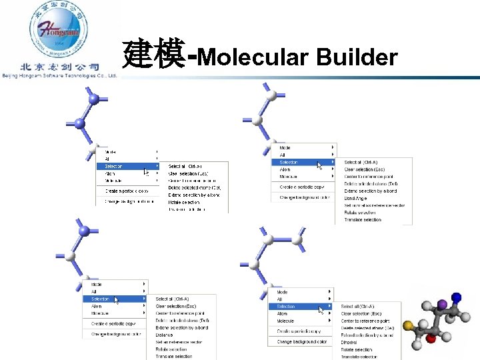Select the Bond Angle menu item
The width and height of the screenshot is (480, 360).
click(x=355, y=198)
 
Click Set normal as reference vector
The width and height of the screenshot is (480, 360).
click(x=374, y=205)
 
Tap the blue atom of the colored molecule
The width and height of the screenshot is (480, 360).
click(x=456, y=297)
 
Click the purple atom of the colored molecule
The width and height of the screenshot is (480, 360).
click(x=441, y=306)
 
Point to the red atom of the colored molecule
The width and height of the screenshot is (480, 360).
click(x=431, y=339)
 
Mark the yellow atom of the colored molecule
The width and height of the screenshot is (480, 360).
click(x=408, y=325)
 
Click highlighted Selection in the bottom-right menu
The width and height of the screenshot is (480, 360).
click(x=286, y=307)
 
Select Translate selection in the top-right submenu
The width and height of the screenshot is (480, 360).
click(x=363, y=219)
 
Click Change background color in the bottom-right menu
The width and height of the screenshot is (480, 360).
click(x=302, y=341)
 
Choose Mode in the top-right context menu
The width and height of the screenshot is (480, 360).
click(x=285, y=147)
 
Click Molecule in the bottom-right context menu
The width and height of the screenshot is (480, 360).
click(x=285, y=321)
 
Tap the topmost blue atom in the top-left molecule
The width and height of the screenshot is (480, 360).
click(x=94, y=99)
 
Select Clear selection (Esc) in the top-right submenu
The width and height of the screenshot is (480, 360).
click(x=365, y=169)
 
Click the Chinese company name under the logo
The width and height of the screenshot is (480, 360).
click(x=59, y=67)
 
